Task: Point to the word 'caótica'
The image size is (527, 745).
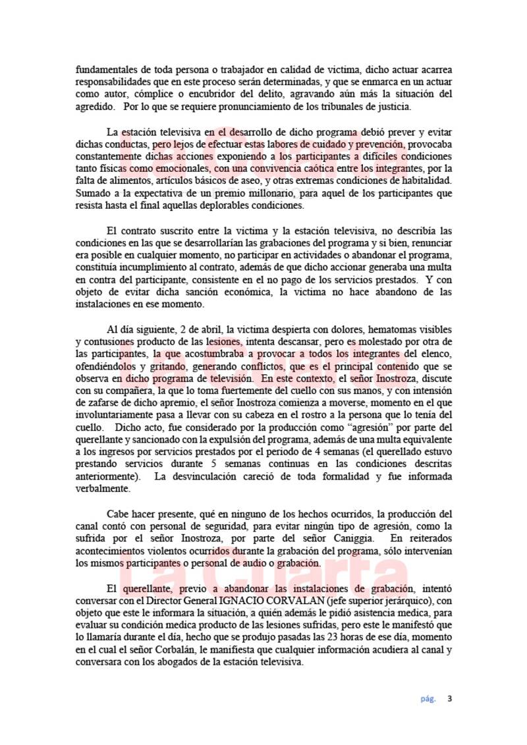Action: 270,169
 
